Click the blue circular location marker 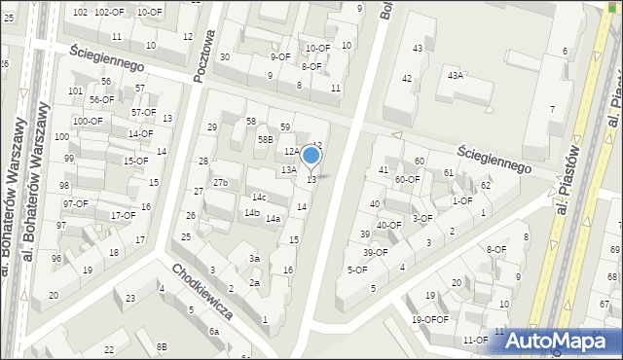[x=311, y=155]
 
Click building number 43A [x=455, y=75]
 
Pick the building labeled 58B [x=265, y=139]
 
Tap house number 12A [x=292, y=152]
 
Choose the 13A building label [x=289, y=170]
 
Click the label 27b [x=221, y=182]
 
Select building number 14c [x=259, y=198]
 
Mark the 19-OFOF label [x=429, y=319]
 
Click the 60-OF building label [x=407, y=179]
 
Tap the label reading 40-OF [x=389, y=225]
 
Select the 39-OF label [x=375, y=252]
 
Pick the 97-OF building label [x=76, y=203]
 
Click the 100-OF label [x=88, y=122]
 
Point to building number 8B [x=163, y=346]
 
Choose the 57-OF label [x=143, y=112]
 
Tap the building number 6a [x=214, y=332]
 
